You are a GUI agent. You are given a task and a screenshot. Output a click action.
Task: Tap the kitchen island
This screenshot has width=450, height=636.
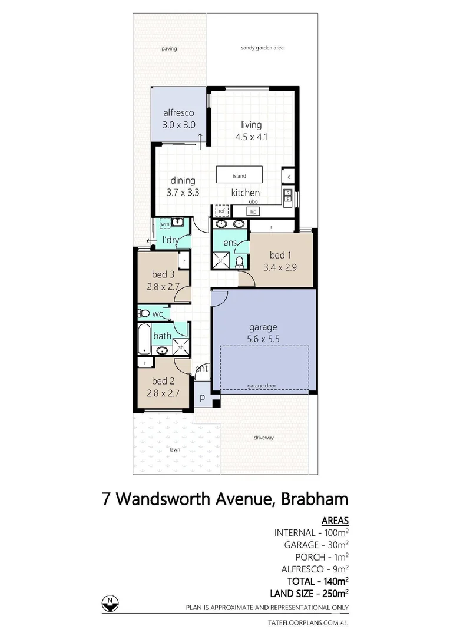coord(239,175)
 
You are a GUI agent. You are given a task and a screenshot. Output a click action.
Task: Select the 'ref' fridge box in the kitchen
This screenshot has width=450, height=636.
coord(222,210)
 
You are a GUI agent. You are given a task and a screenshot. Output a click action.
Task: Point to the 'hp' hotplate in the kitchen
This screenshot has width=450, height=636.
coord(253,211)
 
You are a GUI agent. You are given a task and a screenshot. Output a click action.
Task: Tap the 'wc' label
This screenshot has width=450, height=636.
coord(157,314)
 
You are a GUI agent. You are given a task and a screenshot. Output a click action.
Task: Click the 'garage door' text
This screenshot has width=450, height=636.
coord(262,386)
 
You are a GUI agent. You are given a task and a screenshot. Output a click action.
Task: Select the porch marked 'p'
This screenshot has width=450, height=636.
coord(201,397)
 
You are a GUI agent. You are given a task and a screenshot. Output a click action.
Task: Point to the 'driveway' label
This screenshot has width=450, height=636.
coord(264,438)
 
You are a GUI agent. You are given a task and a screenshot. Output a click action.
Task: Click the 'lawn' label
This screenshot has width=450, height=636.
coord(175,449)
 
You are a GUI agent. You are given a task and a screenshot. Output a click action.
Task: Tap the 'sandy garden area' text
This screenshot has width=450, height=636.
coord(262,48)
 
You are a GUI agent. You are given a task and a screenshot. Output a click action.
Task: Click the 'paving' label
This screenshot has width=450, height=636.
coord(169,49)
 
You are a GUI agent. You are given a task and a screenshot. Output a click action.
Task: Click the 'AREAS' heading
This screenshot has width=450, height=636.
coord(335,521)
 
